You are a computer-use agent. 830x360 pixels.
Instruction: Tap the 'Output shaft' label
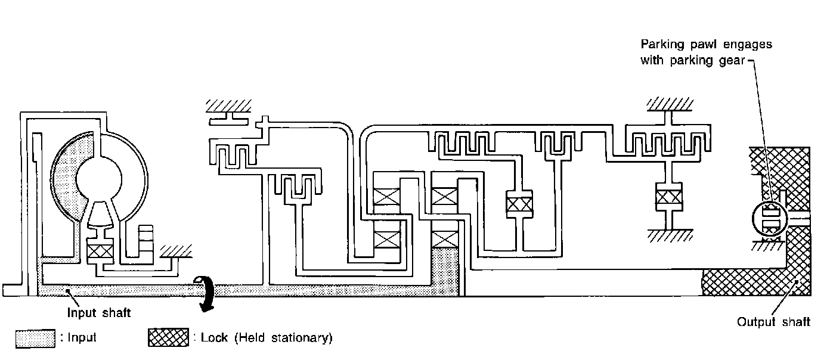(773, 322)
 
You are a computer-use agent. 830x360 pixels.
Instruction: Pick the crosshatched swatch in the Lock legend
(168, 338)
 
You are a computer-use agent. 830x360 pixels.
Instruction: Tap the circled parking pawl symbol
(772, 220)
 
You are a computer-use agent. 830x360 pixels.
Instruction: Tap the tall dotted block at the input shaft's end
(445, 271)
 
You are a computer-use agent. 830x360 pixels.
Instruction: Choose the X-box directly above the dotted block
(445, 239)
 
